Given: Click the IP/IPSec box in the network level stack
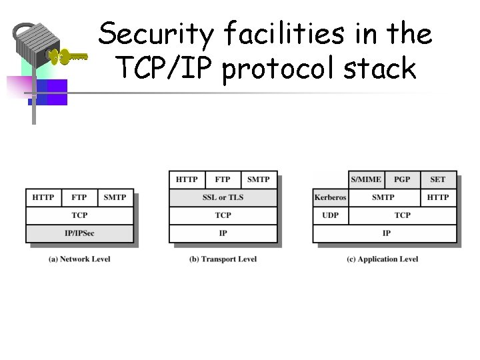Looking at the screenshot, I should coord(79,233).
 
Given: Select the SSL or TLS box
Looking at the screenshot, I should coord(223,197).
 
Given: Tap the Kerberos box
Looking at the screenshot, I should coord(330,197).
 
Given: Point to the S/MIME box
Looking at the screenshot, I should coord(366,179).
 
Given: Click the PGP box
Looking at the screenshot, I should coord(402,179).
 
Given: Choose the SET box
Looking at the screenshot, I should coord(438,179).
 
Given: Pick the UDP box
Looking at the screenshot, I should coord(330,215).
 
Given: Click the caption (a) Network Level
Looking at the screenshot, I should coord(79,259).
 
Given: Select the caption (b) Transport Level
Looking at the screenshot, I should coord(223,259).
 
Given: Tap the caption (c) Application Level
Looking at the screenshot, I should coord(383,259).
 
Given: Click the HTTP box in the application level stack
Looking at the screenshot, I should coord(438,197).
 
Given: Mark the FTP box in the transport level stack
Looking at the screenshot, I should coord(223,179).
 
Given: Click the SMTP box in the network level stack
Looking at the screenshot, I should coord(115,197).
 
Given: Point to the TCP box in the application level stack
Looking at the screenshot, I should coord(402,215).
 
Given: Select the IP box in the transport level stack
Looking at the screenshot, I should coord(223,233).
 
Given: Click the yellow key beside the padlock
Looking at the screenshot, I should coord(70,57).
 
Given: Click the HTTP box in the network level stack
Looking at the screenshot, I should coord(43,197).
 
